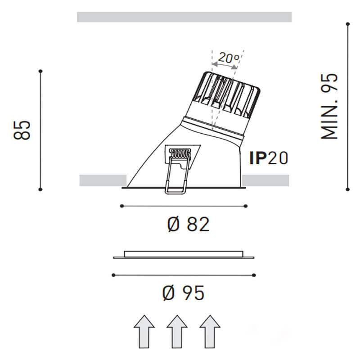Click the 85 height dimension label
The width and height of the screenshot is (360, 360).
(x=22, y=130)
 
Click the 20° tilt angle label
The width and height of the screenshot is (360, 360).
(x=229, y=58)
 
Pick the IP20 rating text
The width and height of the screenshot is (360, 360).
(x=268, y=158)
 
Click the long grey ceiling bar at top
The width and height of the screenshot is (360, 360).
(x=184, y=17)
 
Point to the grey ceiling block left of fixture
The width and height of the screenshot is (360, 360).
(x=103, y=180)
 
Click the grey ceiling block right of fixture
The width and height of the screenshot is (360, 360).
(x=265, y=180)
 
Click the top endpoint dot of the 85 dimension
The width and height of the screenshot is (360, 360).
(x=40, y=71)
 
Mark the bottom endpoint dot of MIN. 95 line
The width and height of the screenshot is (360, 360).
(x=347, y=189)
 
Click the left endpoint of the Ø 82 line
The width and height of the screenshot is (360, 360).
(x=121, y=206)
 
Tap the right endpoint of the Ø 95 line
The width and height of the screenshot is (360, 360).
(x=254, y=275)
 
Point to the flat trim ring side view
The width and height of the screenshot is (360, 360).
(x=184, y=255)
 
